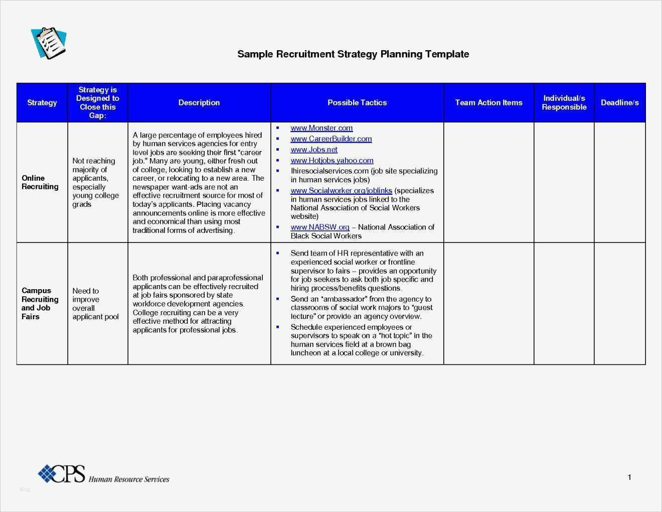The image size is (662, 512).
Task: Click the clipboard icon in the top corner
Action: [x=49, y=43]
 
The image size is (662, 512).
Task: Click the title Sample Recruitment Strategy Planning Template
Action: [x=353, y=54]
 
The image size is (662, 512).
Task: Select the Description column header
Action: [x=199, y=102]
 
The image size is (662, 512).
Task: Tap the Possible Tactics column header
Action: [x=357, y=102]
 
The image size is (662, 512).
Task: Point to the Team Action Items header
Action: [x=488, y=102]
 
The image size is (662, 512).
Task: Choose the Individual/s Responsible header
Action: [x=564, y=102]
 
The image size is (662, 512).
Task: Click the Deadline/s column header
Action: [x=619, y=102]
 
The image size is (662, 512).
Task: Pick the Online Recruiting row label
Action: [x=40, y=182]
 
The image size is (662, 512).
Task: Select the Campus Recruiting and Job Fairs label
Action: [x=40, y=304]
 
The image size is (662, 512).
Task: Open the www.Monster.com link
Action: [x=321, y=128]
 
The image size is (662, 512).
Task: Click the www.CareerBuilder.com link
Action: [x=331, y=139]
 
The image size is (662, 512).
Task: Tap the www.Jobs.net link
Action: [x=314, y=150]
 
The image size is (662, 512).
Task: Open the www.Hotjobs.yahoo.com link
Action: [x=332, y=161]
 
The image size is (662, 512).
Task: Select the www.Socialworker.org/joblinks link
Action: [x=341, y=191]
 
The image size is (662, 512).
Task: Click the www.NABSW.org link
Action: [x=320, y=227]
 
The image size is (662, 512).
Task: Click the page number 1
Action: [x=629, y=477]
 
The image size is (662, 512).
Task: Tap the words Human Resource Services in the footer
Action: [x=129, y=479]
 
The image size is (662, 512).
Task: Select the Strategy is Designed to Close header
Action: [x=98, y=102]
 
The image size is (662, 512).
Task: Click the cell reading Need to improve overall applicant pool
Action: [x=95, y=304]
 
